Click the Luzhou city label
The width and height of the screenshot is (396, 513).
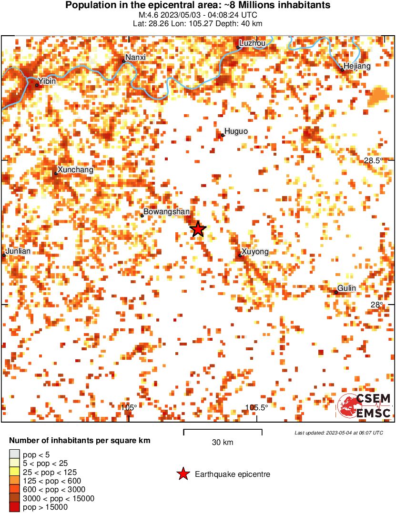(253, 43)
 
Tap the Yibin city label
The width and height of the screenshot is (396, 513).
(47, 81)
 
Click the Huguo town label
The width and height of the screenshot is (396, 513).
(236, 131)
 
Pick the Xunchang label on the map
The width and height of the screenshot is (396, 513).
(75, 169)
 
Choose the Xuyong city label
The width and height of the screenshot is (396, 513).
(255, 252)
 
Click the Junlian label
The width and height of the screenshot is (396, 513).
(18, 251)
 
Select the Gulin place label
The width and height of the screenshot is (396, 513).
(346, 288)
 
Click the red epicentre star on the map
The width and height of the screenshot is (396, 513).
(198, 229)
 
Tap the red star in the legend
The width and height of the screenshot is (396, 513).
(183, 474)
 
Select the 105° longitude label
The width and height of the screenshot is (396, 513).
(129, 407)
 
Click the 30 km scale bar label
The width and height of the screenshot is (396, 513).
(223, 443)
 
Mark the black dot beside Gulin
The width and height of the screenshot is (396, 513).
(336, 292)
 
